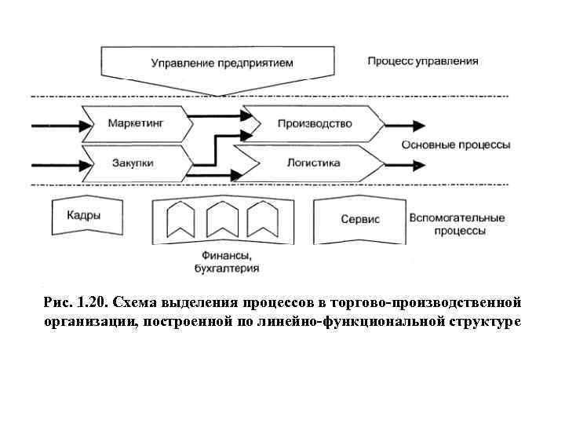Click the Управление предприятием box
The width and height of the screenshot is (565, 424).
tap(222, 63)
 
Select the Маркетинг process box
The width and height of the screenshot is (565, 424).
tap(137, 124)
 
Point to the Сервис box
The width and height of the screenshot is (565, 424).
tap(360, 219)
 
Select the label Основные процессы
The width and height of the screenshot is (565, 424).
tap(456, 145)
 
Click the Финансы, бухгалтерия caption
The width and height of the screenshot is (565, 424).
tap(227, 262)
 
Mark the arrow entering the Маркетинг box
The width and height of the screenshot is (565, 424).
tap(60, 124)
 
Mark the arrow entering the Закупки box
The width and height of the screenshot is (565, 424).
tap(60, 164)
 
